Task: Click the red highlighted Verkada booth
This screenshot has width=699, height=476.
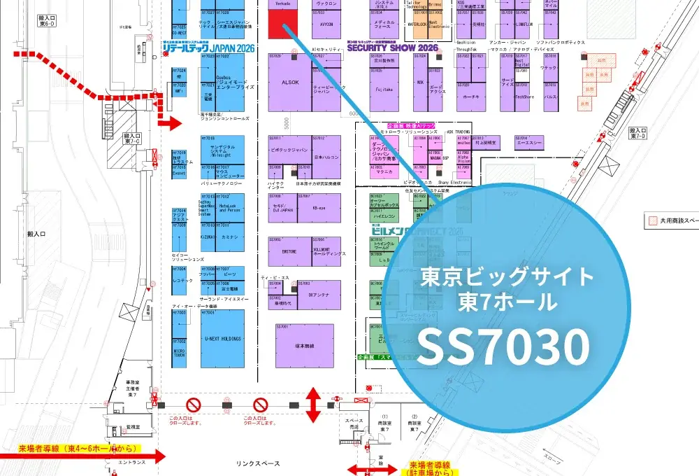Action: (x=282, y=27)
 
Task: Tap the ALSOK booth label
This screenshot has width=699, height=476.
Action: (x=289, y=81)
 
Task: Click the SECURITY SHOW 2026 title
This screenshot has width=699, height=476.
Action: (x=391, y=48)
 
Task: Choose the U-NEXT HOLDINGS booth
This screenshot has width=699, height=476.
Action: (x=223, y=338)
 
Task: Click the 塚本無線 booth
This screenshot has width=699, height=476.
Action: (x=304, y=346)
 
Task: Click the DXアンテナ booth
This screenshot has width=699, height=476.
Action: (x=318, y=295)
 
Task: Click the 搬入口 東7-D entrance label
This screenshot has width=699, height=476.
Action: (x=638, y=134)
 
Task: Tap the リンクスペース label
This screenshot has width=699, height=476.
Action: (x=258, y=463)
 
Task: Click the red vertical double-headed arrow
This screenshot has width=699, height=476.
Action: (x=313, y=405)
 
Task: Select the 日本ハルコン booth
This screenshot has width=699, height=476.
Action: (x=326, y=157)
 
